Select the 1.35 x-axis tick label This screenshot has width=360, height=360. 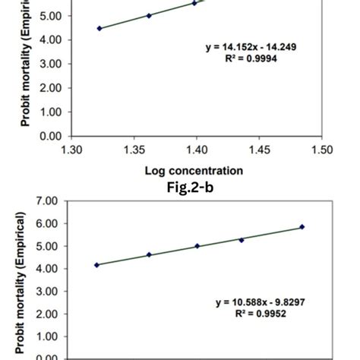pos(134,150)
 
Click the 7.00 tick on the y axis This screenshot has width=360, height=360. pos(46,201)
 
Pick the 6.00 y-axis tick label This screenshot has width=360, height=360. pos(46,224)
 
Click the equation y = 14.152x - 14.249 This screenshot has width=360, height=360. pos(251,47)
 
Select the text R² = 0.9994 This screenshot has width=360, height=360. pos(251,58)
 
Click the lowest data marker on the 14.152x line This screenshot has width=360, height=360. pos(99,28)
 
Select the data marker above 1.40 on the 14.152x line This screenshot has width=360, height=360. pos(194,3)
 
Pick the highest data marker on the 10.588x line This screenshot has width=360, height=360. pos(302,226)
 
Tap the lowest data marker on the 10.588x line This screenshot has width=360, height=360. pos(96,264)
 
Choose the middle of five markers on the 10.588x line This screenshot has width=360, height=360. pos(197,246)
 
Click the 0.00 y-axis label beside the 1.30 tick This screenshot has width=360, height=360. pos(46,136)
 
